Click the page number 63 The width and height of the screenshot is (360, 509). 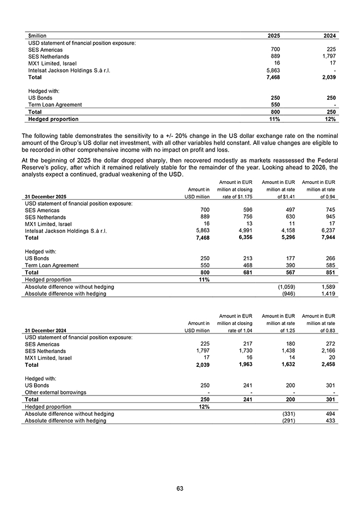click(180, 488)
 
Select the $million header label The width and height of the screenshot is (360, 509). click(37, 36)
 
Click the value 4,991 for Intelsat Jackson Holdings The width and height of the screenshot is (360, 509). click(244, 231)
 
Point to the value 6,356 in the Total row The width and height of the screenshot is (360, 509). click(244, 239)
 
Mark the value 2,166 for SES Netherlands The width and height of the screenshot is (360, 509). click(327, 351)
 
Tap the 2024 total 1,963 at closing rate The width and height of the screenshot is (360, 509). click(244, 365)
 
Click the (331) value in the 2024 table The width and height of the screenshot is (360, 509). click(287, 414)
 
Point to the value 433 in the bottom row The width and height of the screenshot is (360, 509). click(330, 421)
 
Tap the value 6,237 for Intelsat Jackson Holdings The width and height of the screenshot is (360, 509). click(327, 231)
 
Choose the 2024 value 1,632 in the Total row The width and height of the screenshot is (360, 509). click(285, 365)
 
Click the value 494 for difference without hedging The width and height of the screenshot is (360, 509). click(330, 414)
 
